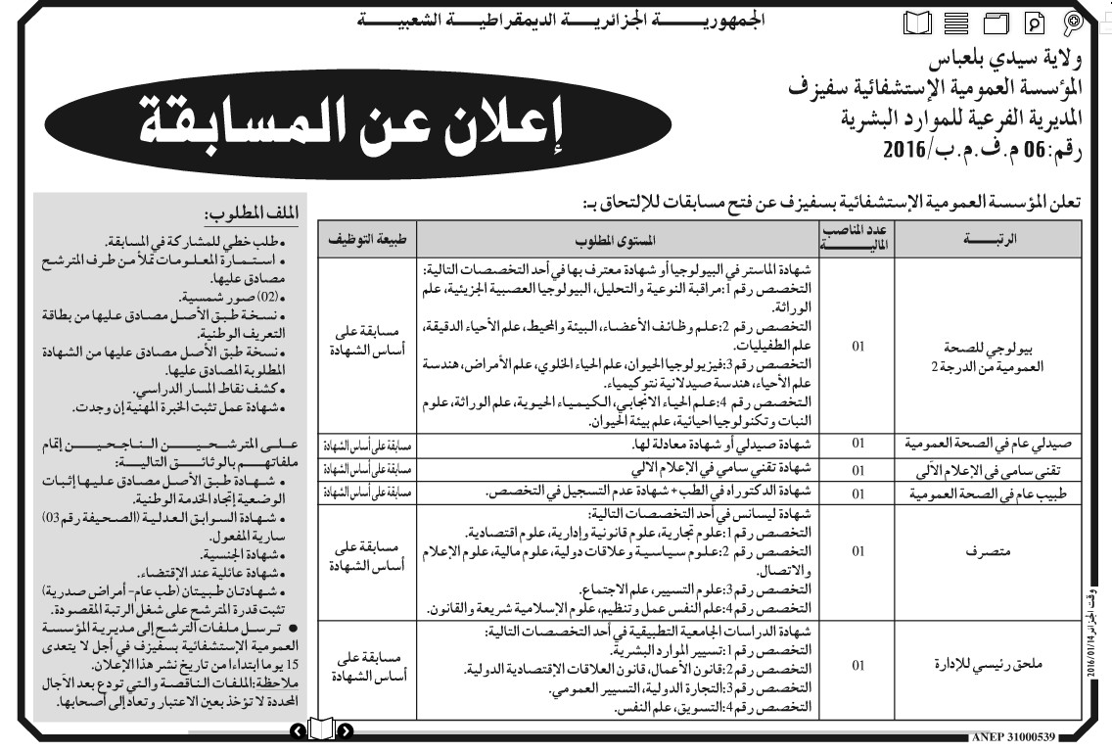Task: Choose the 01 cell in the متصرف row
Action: pos(858,551)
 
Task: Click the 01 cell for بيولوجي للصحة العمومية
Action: pos(858,347)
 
